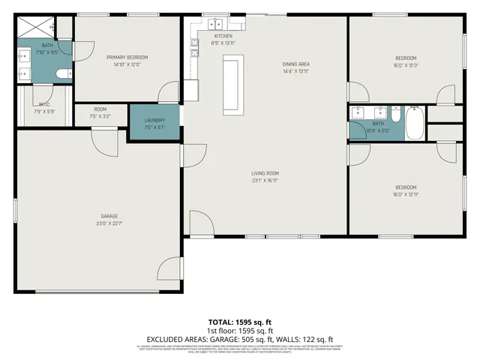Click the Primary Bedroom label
(127, 57)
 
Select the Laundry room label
(154, 120)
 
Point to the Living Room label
(265, 173)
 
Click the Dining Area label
(296, 64)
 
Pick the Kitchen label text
(223, 36)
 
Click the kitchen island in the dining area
(231, 85)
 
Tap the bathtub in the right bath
(415, 124)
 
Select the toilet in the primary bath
(63, 73)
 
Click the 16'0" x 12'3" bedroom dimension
(406, 65)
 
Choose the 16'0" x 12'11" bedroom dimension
(406, 194)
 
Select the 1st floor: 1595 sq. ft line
(240, 330)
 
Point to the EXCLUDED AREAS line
(240, 338)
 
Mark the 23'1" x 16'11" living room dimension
(265, 180)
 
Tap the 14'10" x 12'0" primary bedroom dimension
(127, 64)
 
